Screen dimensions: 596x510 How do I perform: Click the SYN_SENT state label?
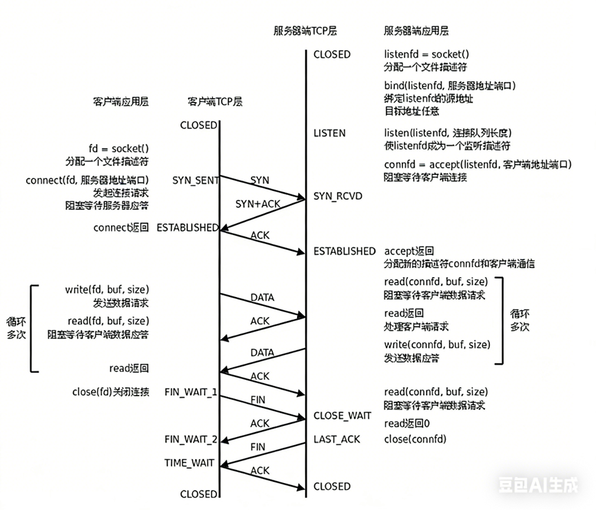[x=196, y=181]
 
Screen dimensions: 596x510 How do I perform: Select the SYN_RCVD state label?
[x=338, y=196]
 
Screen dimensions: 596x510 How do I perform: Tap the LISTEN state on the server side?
[x=329, y=133]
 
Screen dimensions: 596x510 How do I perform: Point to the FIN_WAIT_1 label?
[x=191, y=392]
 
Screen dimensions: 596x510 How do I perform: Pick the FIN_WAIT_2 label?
[x=191, y=440]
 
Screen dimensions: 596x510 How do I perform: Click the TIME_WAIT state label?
[x=189, y=462]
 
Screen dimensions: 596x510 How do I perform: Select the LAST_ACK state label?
[x=337, y=439]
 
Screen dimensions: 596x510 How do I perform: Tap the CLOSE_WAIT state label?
[x=342, y=416]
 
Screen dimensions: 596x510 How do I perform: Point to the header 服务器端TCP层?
[x=305, y=31]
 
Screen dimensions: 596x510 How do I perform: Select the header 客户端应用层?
[x=121, y=101]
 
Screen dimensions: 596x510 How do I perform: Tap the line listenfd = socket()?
[x=427, y=54]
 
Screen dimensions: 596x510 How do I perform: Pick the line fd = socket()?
[x=119, y=147]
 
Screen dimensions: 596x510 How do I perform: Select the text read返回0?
[x=407, y=423]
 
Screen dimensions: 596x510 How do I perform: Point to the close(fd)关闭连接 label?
[x=110, y=392]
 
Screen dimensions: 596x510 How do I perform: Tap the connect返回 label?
[x=121, y=227]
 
